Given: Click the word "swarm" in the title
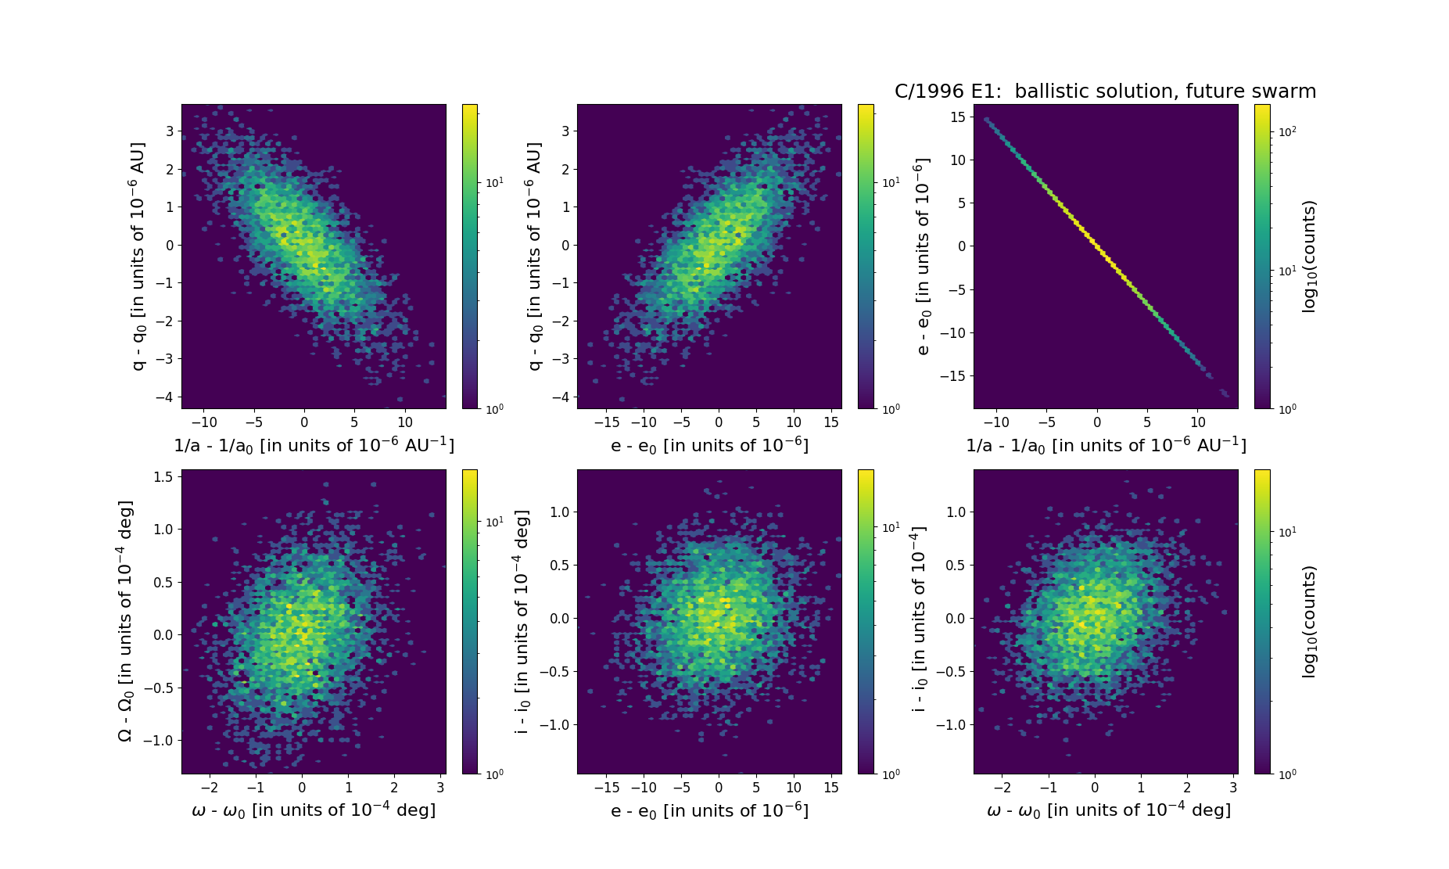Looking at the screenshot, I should click(1283, 92).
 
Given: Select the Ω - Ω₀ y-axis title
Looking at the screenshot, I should click(125, 621).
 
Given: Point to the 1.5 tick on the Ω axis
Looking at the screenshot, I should click(163, 476).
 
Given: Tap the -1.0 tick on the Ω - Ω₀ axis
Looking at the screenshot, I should click(160, 740).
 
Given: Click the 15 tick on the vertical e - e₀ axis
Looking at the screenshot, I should click(956, 117).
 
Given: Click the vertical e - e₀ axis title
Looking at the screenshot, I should click(923, 257).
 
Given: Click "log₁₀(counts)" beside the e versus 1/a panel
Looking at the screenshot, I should click(1309, 257).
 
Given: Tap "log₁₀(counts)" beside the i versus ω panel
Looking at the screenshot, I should click(1309, 621).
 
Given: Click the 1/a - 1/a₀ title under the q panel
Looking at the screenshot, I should click(314, 445).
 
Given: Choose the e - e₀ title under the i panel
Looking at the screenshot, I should click(709, 810).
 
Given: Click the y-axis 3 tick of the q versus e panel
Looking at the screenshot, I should click(565, 131).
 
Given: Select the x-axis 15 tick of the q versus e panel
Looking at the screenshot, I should click(831, 422).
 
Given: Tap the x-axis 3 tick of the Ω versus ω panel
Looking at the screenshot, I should click(441, 788).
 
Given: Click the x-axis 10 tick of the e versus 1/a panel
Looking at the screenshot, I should click(1197, 422).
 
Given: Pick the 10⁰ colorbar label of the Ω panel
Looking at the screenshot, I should click(494, 774).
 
